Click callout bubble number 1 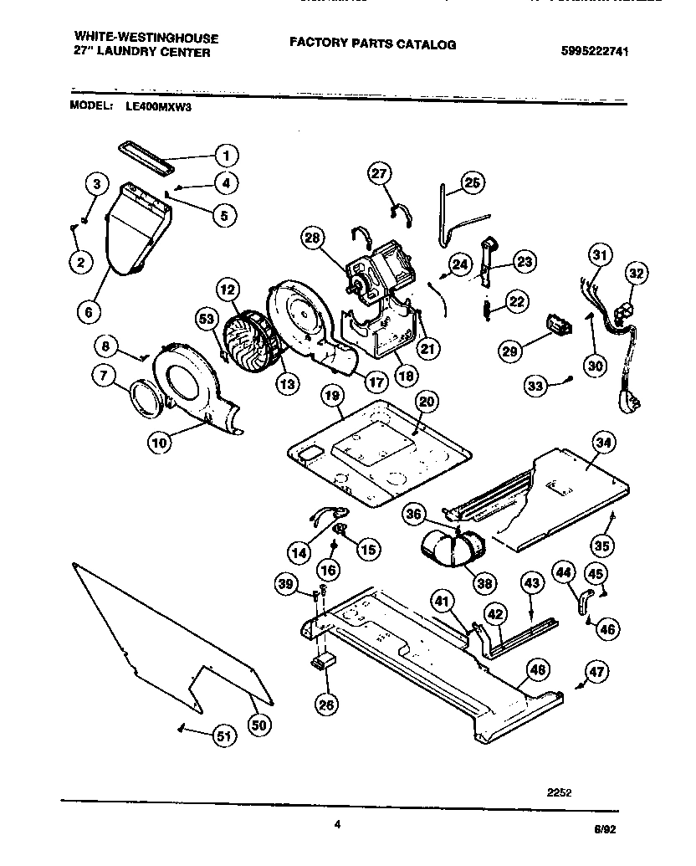[x=224, y=155]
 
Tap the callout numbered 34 [x=601, y=442]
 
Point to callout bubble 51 [x=222, y=735]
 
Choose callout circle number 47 [x=596, y=671]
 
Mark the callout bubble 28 [x=312, y=238]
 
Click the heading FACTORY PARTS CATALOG [x=373, y=44]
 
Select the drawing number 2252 [x=560, y=792]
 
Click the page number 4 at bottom [x=337, y=824]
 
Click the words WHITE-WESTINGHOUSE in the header [x=146, y=38]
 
